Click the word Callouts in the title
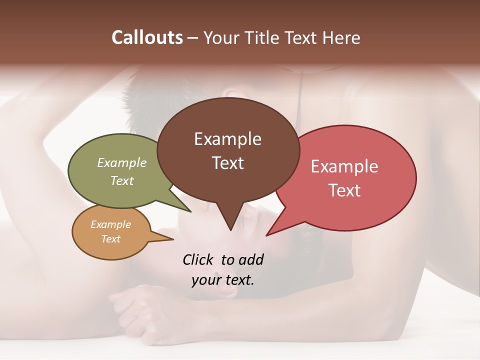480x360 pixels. tap(147, 37)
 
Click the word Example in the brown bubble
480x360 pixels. tap(227, 139)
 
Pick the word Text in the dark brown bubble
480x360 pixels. tap(227, 163)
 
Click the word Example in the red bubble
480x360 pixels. tap(344, 166)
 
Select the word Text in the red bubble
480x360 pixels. tap(344, 190)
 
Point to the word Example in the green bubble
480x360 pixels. tap(122, 162)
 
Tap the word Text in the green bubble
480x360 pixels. tap(122, 180)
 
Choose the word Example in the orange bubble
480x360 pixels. tap(110, 224)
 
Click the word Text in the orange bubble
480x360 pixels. tap(110, 239)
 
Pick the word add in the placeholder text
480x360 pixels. tap(251, 259)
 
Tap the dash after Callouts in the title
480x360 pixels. tap(193, 38)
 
